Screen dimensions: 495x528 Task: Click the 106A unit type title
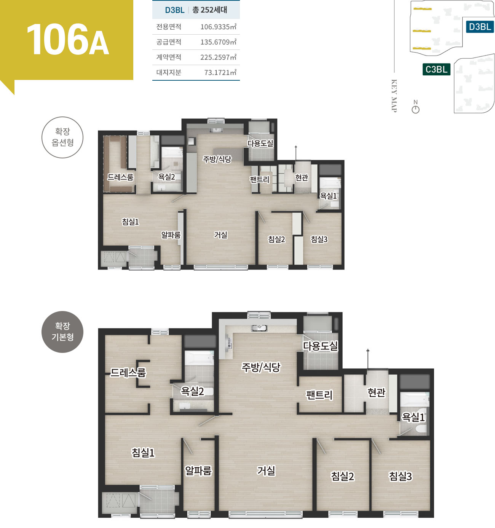coord(68,39)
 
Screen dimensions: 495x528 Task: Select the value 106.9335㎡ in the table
coord(219,27)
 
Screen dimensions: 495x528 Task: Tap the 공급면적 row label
coord(169,42)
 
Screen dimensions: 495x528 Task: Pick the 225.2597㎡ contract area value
coord(219,57)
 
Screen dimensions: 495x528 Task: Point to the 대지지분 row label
coord(169,72)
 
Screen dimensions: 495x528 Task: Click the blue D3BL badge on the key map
coord(480,27)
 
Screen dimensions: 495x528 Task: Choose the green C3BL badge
coord(436,69)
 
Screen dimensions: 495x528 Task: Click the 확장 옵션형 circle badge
coord(62,137)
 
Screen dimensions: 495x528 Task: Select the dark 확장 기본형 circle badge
coord(62,332)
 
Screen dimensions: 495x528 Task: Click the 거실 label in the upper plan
coord(221,235)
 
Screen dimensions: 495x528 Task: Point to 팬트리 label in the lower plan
coord(319,395)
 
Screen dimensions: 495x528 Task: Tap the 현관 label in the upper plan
coord(302,177)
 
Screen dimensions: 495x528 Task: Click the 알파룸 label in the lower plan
coord(198,471)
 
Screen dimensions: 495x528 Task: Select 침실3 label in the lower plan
coord(400,476)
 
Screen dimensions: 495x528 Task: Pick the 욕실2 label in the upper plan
coord(166,177)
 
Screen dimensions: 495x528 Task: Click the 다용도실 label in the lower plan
coord(321,346)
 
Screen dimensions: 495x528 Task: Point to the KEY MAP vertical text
coord(394,96)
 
